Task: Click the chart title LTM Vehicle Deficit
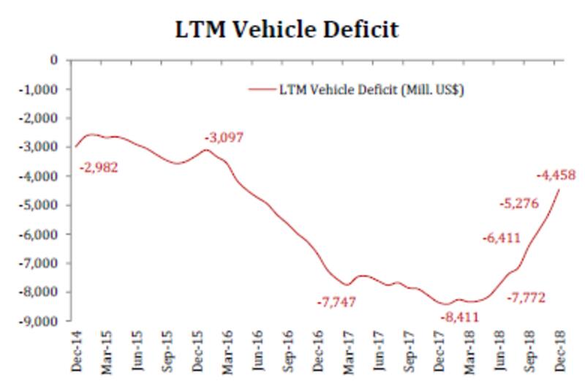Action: tap(288, 30)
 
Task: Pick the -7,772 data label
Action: tap(526, 298)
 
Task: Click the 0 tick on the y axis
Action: tap(53, 60)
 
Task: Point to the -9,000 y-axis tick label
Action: tap(42, 321)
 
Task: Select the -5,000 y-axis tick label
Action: tap(42, 205)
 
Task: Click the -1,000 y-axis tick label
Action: tap(42, 89)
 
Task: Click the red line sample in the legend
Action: tap(261, 89)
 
